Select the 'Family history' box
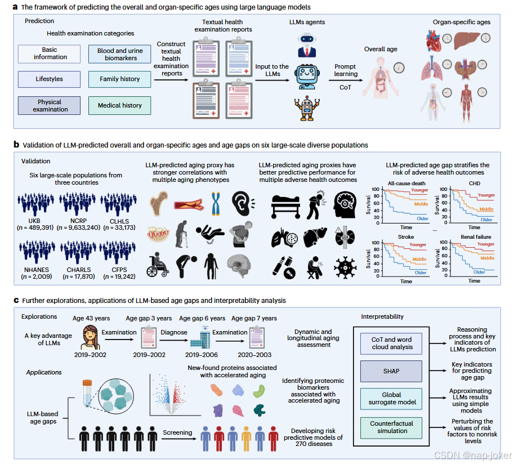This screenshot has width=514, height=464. point(120,79)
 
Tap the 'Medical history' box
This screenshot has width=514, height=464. point(120,105)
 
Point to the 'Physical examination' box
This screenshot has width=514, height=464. point(50,105)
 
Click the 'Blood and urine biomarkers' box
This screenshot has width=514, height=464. point(120,53)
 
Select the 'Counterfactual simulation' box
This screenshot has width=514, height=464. point(392,427)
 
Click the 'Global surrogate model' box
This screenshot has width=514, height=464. point(392,398)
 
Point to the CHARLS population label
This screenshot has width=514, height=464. point(79,270)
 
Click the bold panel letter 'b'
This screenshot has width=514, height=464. point(17,145)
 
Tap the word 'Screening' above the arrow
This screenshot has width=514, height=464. point(177,433)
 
